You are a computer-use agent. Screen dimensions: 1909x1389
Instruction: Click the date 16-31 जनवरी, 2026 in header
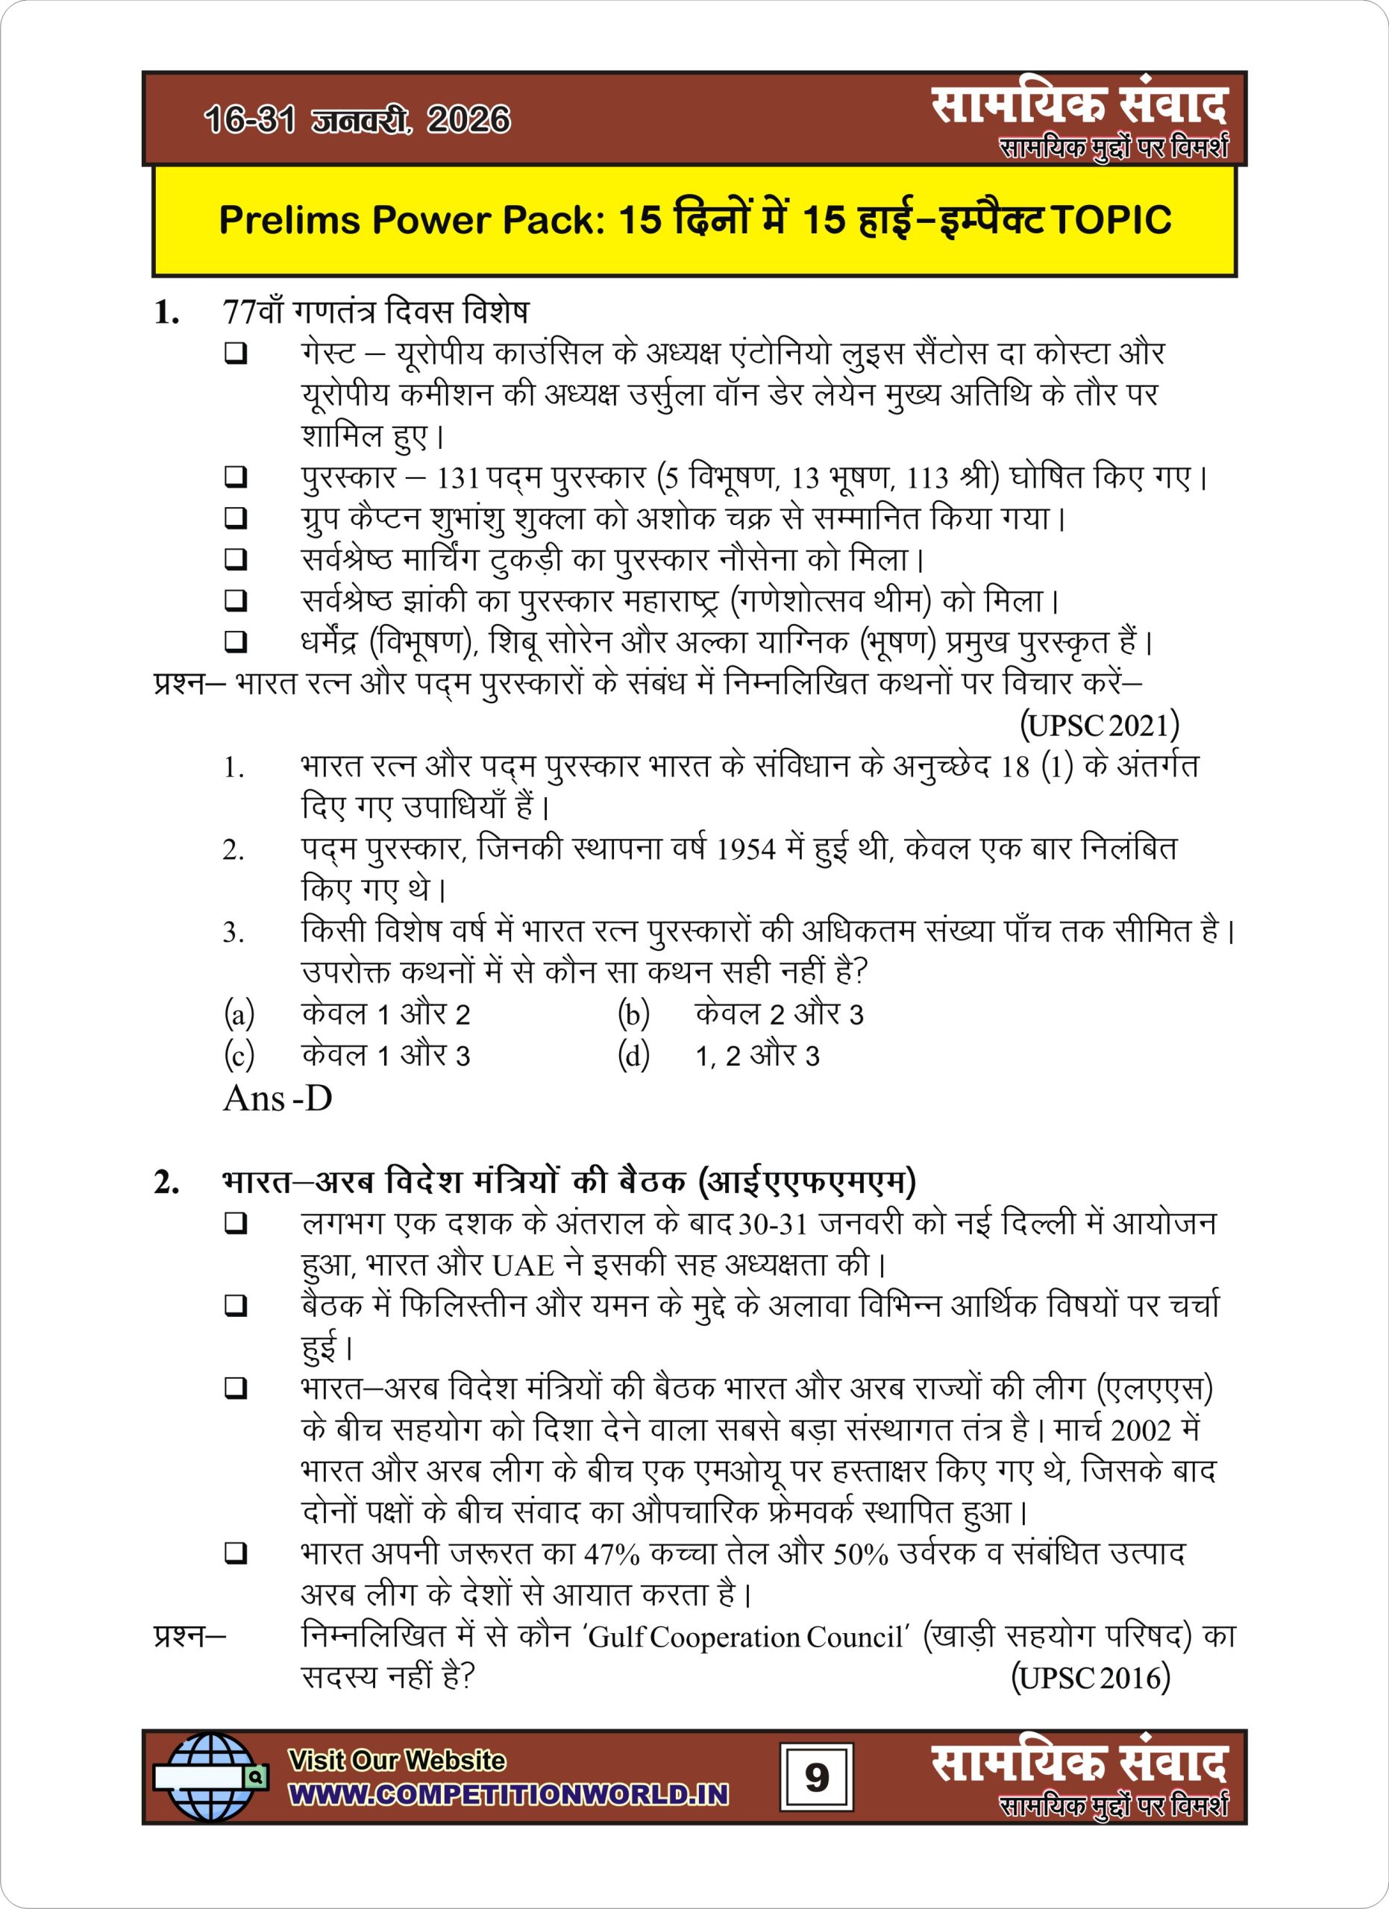click(357, 119)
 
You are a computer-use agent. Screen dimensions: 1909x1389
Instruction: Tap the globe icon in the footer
click(210, 1777)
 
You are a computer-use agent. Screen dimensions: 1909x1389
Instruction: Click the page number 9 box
click(816, 1778)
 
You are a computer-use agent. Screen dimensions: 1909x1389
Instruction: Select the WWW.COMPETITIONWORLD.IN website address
click(509, 1793)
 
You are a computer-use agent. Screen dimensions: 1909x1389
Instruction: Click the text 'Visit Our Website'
click(397, 1760)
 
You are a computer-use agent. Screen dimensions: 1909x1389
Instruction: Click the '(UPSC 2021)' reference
click(1100, 725)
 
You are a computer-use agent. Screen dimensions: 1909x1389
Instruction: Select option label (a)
click(239, 1014)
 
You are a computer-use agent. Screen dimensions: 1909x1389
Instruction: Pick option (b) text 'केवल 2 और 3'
click(779, 1014)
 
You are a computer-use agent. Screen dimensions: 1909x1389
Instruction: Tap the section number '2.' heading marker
click(166, 1183)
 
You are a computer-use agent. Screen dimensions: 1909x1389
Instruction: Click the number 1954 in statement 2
click(745, 849)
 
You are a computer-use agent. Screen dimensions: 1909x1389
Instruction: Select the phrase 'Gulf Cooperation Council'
click(746, 1636)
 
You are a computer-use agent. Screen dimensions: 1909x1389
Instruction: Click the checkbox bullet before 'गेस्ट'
click(236, 353)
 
